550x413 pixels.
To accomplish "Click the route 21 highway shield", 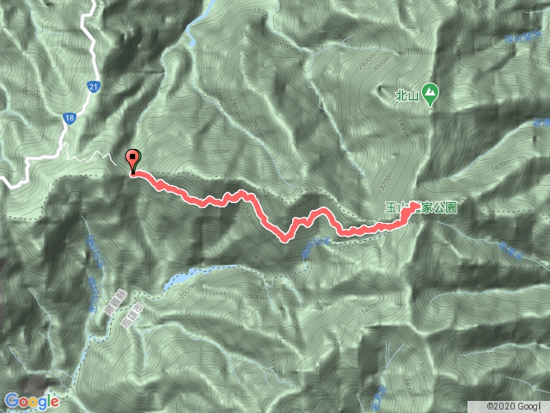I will (x=94, y=87).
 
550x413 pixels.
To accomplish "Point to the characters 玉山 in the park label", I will (x=395, y=207).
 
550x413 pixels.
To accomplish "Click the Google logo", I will (x=31, y=401).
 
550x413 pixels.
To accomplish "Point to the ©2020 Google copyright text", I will (x=516, y=404).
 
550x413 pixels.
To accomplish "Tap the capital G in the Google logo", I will (x=11, y=400).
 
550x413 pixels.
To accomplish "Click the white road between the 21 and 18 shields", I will (x=82, y=102).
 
